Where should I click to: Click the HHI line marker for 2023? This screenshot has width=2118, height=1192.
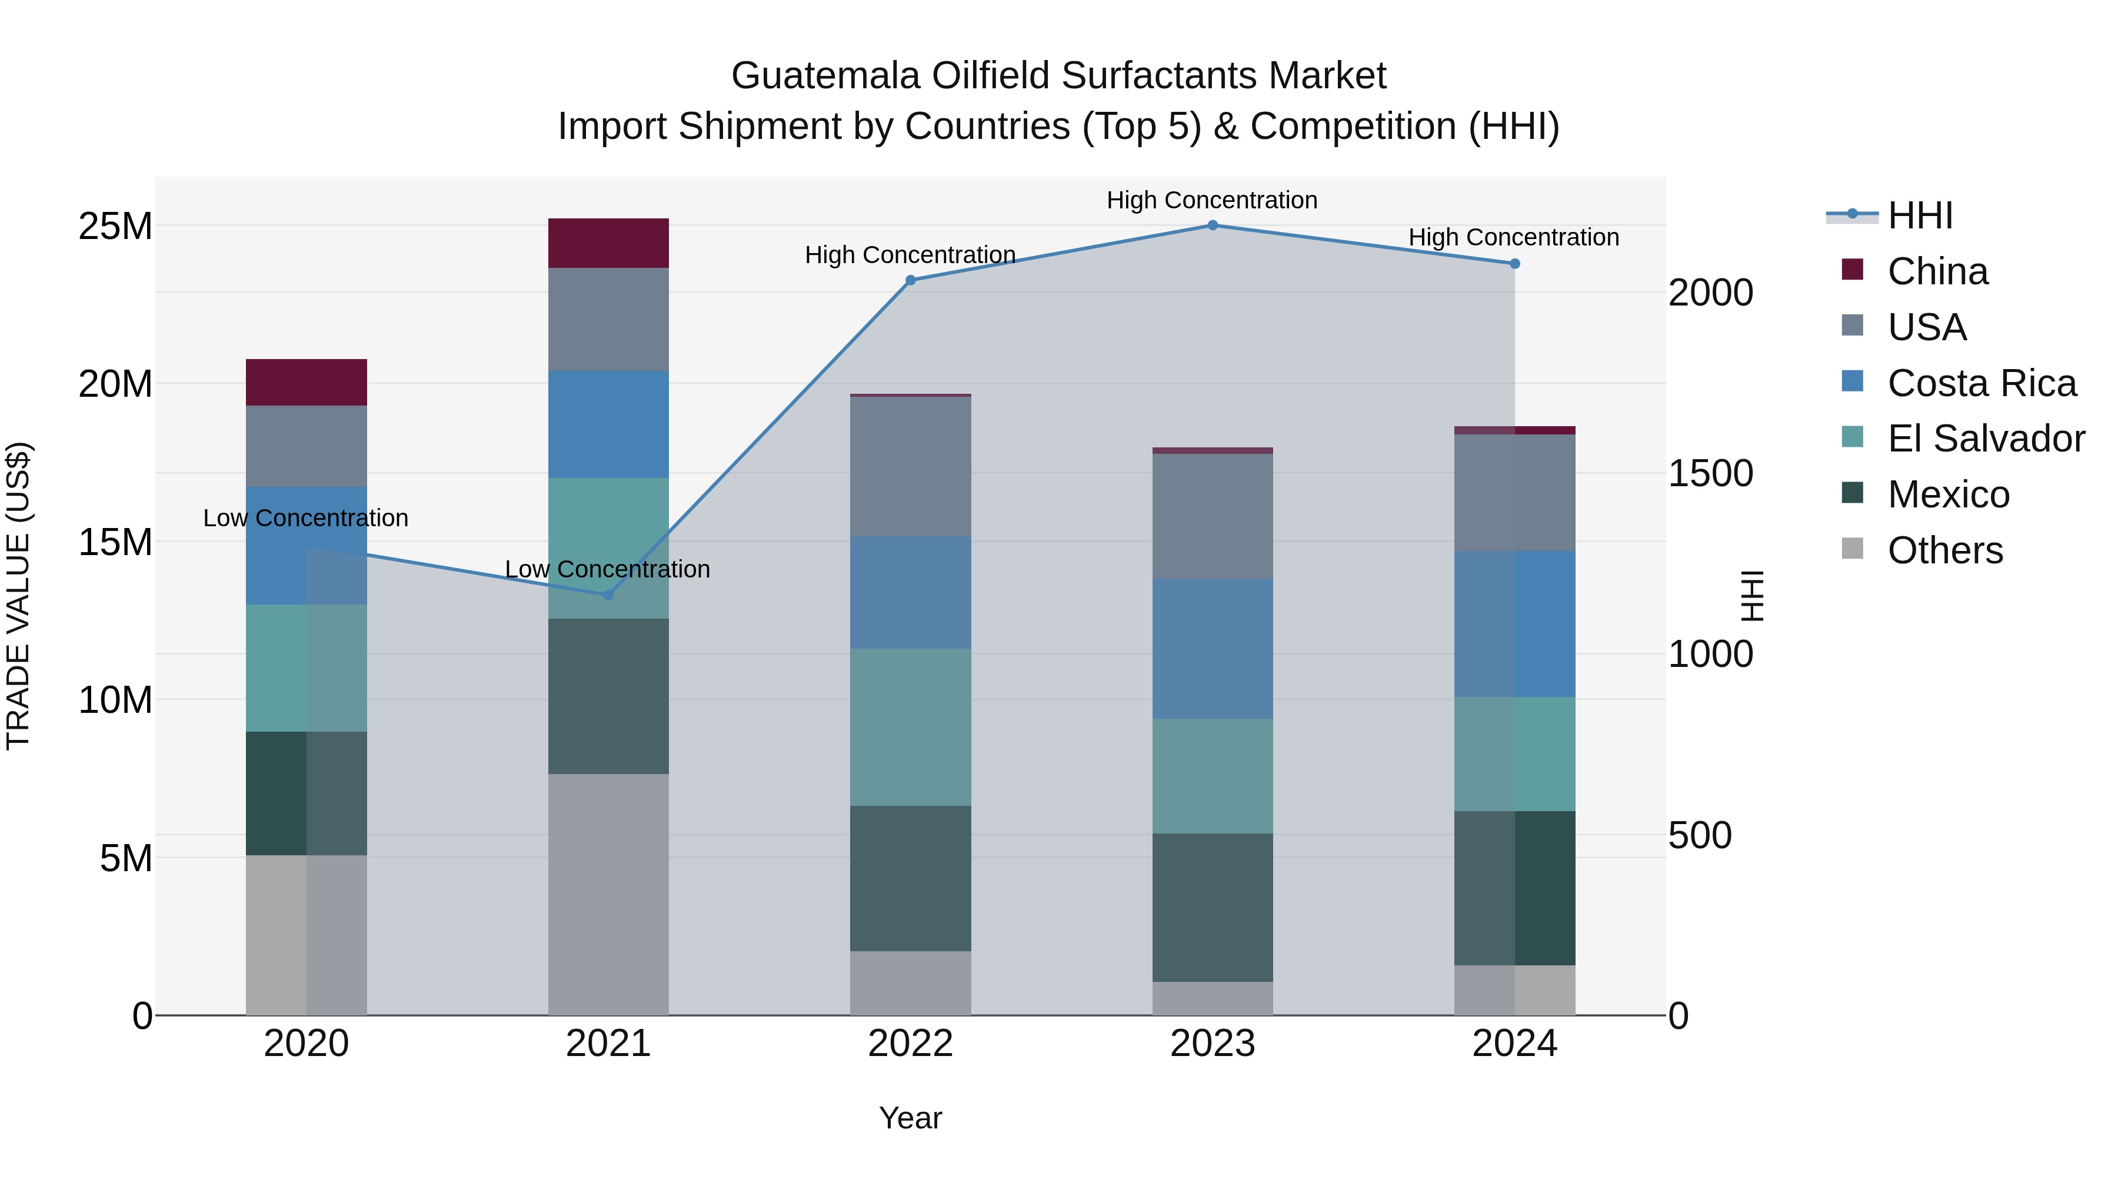click(x=1212, y=225)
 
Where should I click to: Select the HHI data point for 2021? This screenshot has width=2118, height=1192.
click(x=608, y=595)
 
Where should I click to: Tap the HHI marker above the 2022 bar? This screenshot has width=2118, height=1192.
click(x=910, y=281)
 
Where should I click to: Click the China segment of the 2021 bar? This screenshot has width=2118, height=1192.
click(x=608, y=244)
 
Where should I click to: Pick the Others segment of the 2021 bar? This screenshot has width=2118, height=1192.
click(x=608, y=894)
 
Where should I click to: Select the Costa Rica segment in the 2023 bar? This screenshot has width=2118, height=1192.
click(x=1212, y=649)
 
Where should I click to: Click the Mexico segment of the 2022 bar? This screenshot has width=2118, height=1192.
click(x=910, y=879)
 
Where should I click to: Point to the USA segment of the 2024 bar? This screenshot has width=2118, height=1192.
click(x=1514, y=493)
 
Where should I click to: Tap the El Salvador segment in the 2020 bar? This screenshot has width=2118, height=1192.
click(x=306, y=668)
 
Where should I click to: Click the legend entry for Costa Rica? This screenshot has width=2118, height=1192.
click(x=1982, y=383)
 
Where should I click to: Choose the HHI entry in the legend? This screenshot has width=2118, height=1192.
click(x=1919, y=215)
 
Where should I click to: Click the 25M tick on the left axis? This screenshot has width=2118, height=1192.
click(x=115, y=226)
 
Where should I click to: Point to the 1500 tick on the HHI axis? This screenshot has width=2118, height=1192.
click(x=1710, y=474)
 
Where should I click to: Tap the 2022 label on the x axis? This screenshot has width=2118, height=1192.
click(x=910, y=1044)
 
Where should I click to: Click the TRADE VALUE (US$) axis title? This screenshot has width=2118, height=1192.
click(x=18, y=596)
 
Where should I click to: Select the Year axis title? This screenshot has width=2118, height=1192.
click(x=910, y=1118)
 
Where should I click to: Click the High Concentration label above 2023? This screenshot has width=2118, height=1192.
click(x=1212, y=200)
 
